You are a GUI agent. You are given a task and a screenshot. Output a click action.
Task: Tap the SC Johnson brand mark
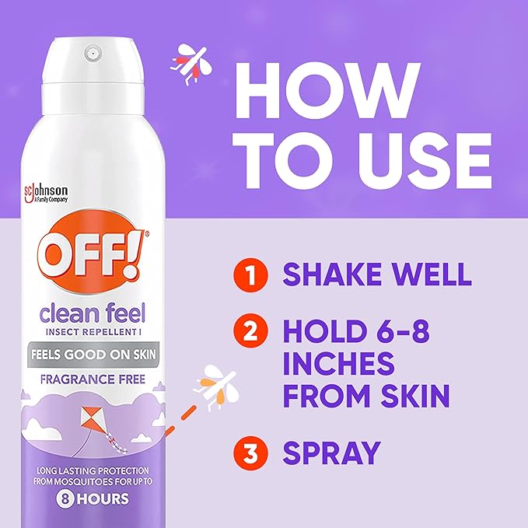coord(49,193)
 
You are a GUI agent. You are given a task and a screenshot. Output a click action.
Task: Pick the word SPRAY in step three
coord(331,453)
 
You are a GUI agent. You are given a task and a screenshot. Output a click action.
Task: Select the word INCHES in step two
coord(339,365)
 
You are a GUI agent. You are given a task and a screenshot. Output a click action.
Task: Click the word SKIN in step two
coord(412,396)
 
